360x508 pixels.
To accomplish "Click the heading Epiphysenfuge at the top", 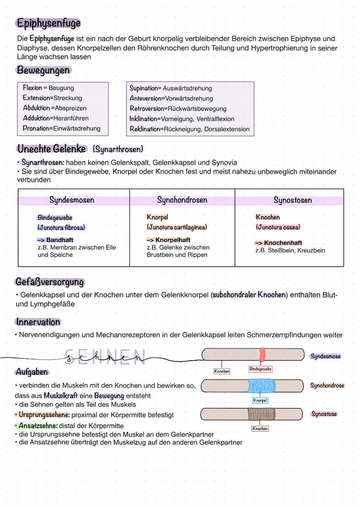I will [48, 23].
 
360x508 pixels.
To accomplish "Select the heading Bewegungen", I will [43, 70].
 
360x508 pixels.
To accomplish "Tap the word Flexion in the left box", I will [33, 88].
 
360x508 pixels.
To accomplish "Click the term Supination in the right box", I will [143, 88].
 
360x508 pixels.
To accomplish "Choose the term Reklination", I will [144, 129].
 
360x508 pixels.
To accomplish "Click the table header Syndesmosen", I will [72, 200].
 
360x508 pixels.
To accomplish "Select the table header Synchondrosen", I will [182, 200].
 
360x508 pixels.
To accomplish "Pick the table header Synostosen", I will [293, 200].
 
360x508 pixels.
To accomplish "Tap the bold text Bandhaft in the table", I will [60, 240].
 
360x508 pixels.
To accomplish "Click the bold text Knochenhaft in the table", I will [283, 243].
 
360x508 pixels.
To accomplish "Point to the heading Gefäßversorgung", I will [49, 282].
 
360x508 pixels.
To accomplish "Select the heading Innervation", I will [38, 322].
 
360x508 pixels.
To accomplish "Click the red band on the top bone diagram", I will [262, 355].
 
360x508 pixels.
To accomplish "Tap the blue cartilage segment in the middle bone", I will [261, 385].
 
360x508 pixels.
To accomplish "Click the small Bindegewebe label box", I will [260, 369].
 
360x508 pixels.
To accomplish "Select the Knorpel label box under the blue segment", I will [260, 400].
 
